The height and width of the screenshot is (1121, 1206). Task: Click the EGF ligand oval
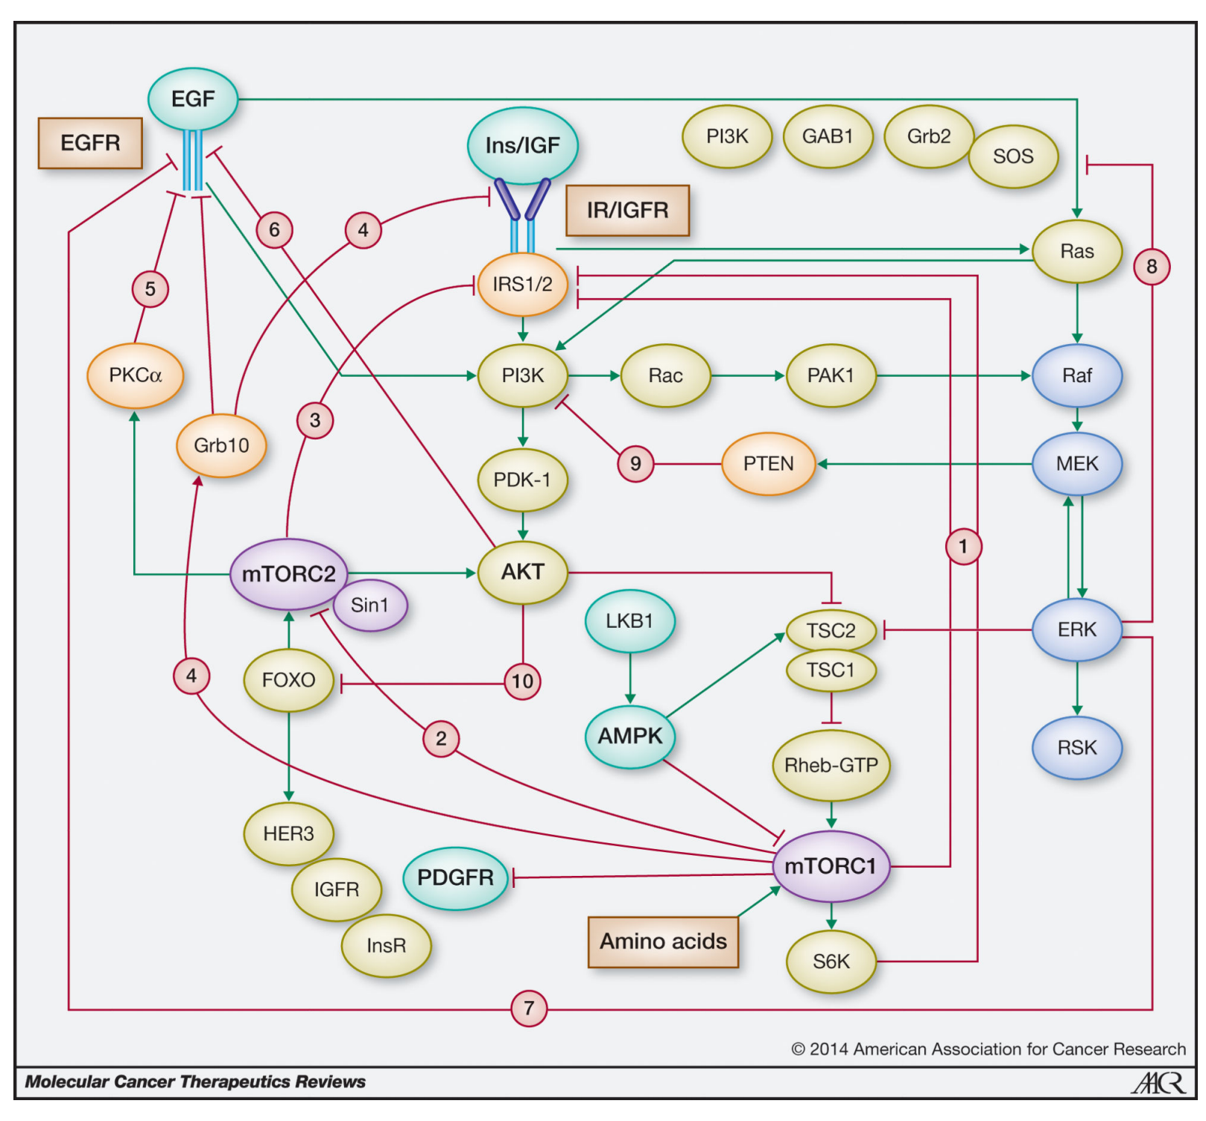(x=193, y=99)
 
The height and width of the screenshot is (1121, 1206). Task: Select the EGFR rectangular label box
(x=90, y=142)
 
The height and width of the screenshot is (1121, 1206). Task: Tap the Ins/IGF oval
(x=522, y=145)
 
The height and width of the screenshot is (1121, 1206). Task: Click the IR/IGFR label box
(x=627, y=210)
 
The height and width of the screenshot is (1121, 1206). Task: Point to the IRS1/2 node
(x=522, y=284)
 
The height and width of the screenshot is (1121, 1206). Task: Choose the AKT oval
(x=522, y=572)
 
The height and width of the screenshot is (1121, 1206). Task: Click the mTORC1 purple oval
(x=831, y=866)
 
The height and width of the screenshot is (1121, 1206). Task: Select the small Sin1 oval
(x=370, y=605)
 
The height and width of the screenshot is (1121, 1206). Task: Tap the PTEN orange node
(x=768, y=463)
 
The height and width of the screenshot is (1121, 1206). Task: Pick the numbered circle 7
(x=529, y=1009)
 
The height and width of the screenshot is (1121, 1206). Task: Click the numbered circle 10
(x=522, y=681)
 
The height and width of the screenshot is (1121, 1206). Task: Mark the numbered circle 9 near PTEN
(x=635, y=463)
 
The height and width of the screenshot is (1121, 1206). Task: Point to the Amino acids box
(x=663, y=941)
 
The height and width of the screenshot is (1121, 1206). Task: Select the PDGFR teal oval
(x=455, y=877)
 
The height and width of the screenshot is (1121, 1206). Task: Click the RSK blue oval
(x=1076, y=747)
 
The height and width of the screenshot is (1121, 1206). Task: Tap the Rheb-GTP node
(x=831, y=765)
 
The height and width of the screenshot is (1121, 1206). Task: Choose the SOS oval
(x=1013, y=156)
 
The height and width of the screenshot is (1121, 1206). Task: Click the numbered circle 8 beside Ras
(x=1152, y=266)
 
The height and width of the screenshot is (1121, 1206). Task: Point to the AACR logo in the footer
(x=1158, y=1082)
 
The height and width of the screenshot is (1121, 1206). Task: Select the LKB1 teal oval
(x=629, y=620)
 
